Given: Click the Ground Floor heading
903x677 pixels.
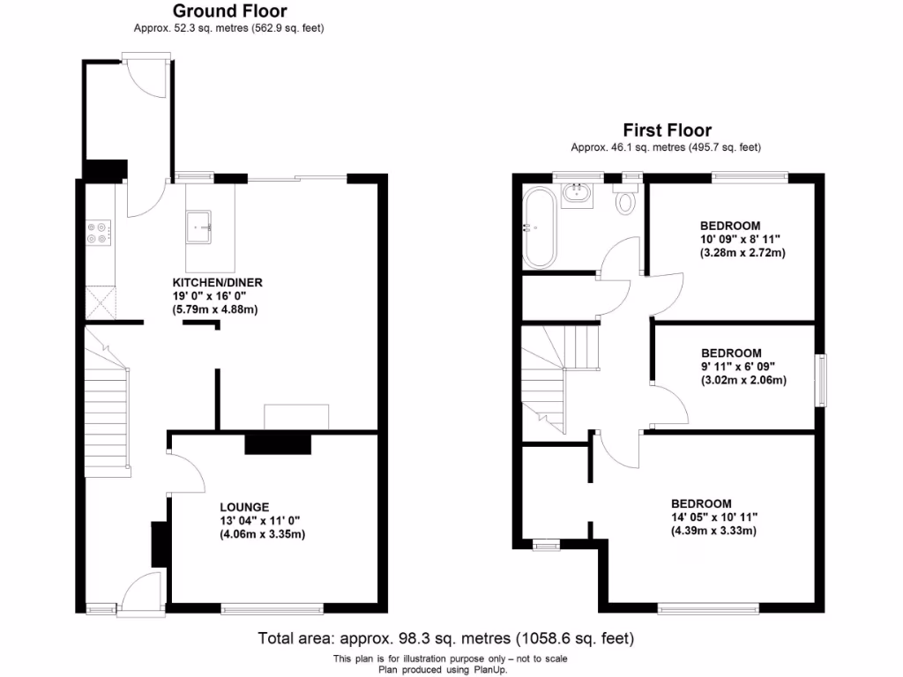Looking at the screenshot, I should [x=228, y=11].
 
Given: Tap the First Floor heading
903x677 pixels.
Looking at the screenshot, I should [x=667, y=130].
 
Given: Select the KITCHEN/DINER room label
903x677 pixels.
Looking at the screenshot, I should [x=217, y=283].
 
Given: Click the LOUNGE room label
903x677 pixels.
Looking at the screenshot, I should [x=245, y=507].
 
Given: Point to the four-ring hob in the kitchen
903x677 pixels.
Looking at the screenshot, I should [x=98, y=232].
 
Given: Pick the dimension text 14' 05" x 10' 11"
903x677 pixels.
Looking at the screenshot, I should [x=714, y=517].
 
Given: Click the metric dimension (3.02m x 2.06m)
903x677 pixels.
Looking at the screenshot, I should [x=743, y=381].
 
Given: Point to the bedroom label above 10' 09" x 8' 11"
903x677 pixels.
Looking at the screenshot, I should [x=730, y=226].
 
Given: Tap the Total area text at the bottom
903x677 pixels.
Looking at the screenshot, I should [x=445, y=637].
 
